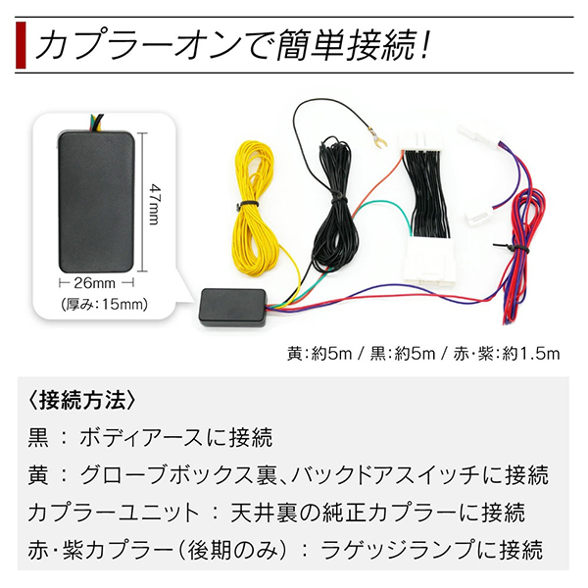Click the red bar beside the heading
click(21, 45)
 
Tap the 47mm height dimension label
click(154, 204)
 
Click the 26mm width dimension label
click(94, 283)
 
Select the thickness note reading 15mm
click(105, 304)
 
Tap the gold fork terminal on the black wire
click(375, 136)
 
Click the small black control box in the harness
click(232, 307)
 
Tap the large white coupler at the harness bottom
click(430, 259)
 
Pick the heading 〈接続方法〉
click(81, 401)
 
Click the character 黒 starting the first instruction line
click(38, 438)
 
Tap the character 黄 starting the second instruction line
click(38, 475)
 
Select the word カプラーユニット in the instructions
click(112, 514)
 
